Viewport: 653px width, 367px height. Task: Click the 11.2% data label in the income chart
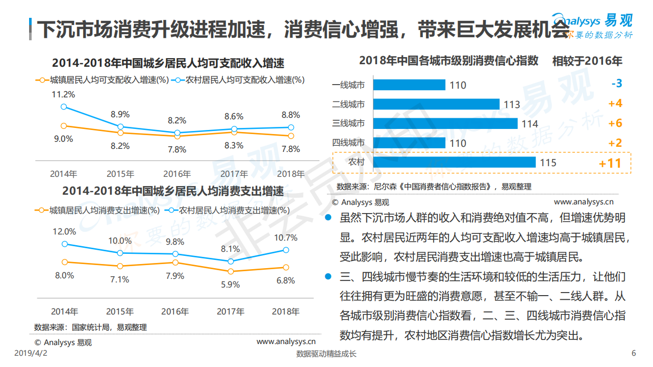pos(63,94)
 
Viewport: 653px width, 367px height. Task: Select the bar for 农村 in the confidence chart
pos(454,163)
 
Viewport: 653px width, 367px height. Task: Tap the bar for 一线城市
pos(409,85)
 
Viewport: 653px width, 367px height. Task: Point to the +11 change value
pos(610,163)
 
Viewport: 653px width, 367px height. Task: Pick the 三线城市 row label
pos(348,123)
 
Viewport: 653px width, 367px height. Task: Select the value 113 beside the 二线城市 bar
pos(512,105)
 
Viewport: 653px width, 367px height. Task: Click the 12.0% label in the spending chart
pos(64,231)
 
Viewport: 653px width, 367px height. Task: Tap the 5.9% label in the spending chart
pos(230,284)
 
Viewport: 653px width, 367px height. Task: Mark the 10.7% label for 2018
pos(286,238)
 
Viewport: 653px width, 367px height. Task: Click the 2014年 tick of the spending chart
pos(64,311)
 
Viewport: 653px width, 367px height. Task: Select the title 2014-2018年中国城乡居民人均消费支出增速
pos(173,192)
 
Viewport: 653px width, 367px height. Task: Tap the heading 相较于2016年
pos(587,61)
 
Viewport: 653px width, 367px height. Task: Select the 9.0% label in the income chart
pos(63,139)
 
